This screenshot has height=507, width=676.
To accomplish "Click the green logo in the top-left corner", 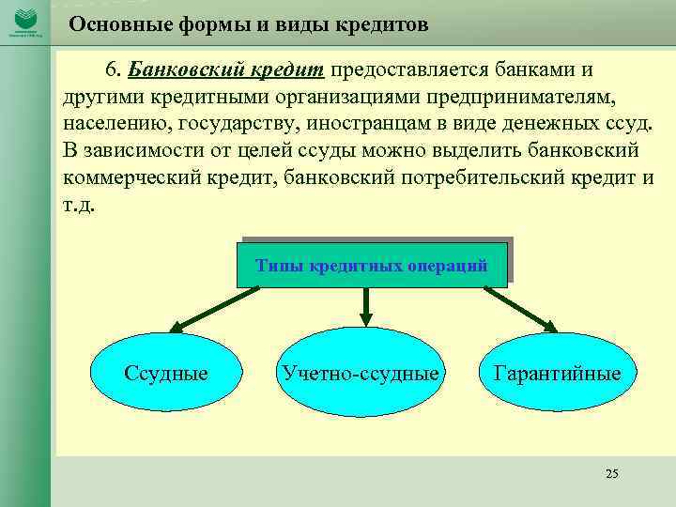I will coord(24,21).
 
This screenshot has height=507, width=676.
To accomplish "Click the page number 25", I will coord(612,473).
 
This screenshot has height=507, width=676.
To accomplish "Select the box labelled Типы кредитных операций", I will coord(372,266).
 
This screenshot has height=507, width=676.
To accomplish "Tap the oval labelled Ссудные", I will coord(166,374).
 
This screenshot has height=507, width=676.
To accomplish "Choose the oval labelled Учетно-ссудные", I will coord(360,374).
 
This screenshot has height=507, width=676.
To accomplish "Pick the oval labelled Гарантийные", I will coord(558,374).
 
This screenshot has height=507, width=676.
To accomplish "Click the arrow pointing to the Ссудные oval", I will coord(216,311).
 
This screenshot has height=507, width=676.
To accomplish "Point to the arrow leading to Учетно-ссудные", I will coord(366,306).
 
